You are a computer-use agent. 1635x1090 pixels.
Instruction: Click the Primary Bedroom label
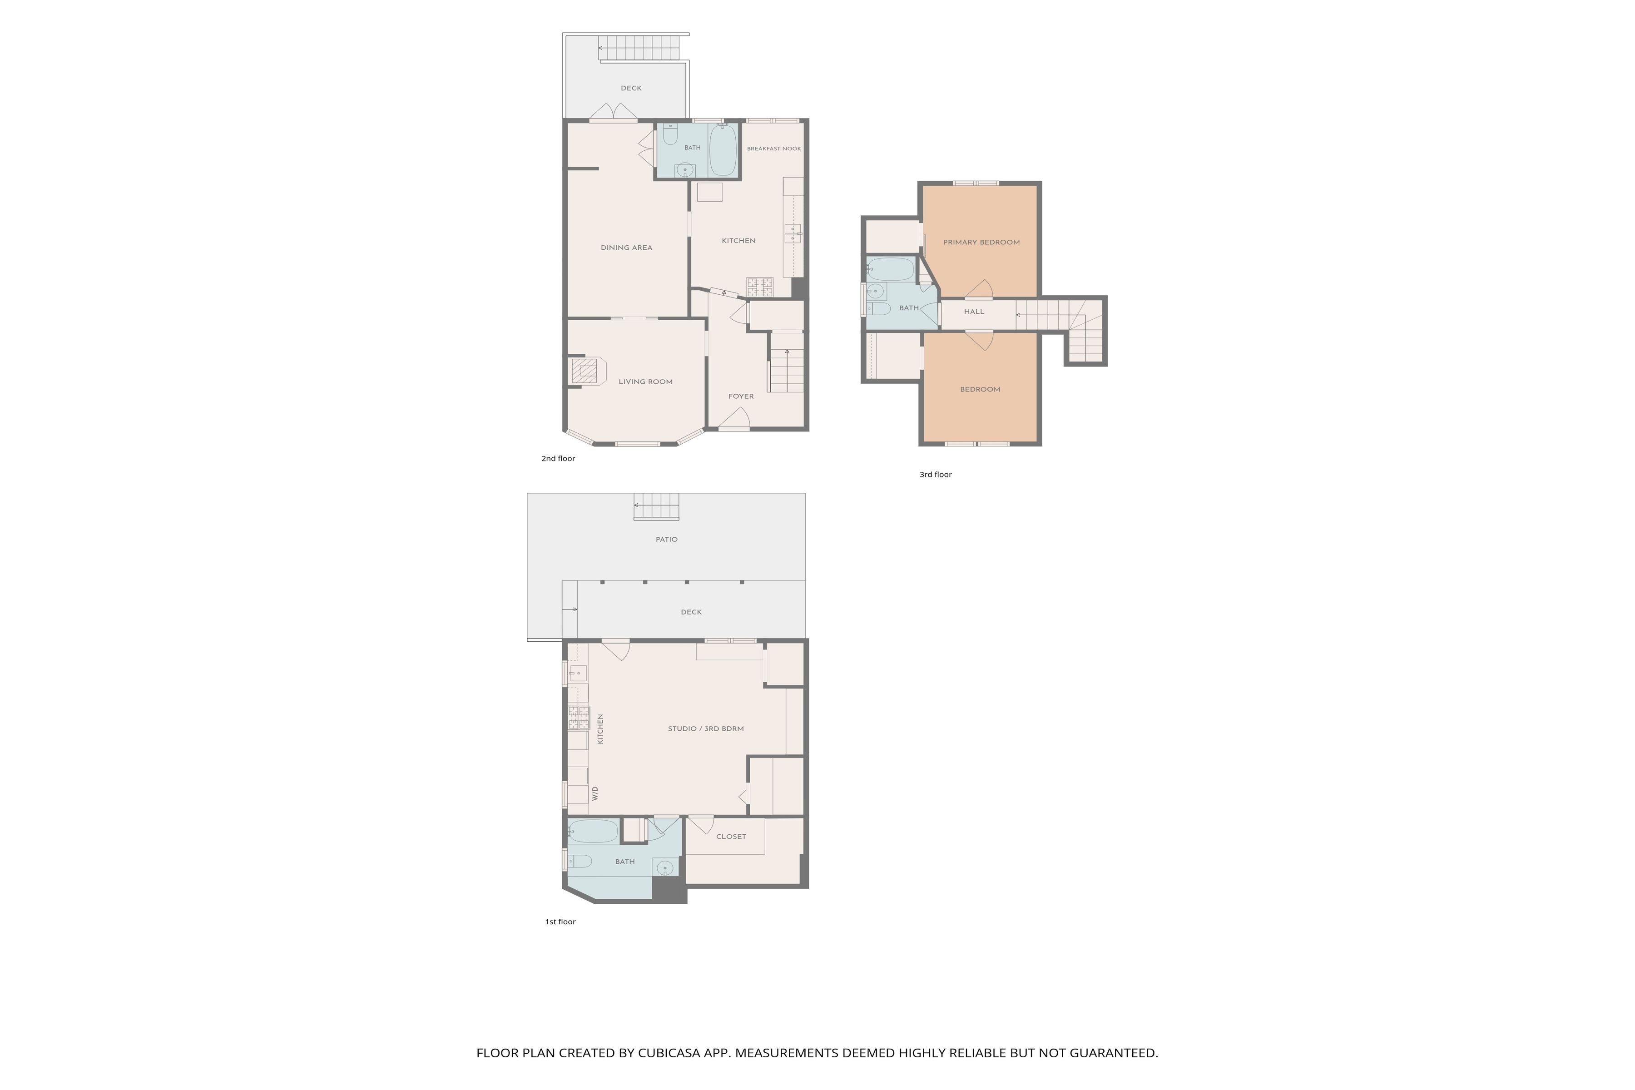coord(981,243)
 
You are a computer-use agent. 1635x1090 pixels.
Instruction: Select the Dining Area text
coord(626,248)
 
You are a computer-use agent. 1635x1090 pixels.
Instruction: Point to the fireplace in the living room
coord(587,371)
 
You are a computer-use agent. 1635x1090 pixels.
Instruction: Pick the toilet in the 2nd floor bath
coord(670,134)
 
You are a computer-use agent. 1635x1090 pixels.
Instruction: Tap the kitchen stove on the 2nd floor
coord(760,287)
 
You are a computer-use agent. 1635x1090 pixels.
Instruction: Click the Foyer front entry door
coord(734,419)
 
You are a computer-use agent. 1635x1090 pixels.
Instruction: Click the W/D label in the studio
coord(595,793)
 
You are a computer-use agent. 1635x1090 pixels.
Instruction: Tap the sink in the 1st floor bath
coord(665,867)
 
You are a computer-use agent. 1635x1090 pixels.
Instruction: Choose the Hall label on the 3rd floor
coord(974,312)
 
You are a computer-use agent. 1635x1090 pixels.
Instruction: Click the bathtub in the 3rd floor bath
coord(891,269)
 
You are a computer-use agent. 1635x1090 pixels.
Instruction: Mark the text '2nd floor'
coord(558,459)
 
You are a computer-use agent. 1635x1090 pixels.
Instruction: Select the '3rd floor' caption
coord(936,475)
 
